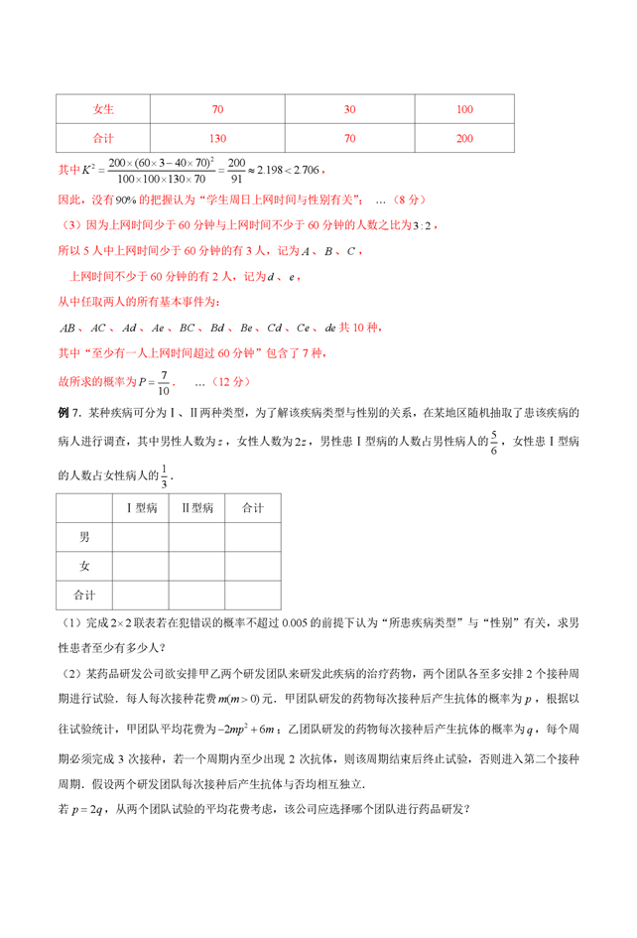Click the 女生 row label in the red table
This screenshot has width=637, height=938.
(x=103, y=108)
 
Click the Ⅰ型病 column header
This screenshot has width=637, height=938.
(x=141, y=508)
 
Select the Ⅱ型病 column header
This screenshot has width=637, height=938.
(x=196, y=508)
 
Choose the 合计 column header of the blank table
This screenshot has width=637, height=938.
(x=252, y=508)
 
